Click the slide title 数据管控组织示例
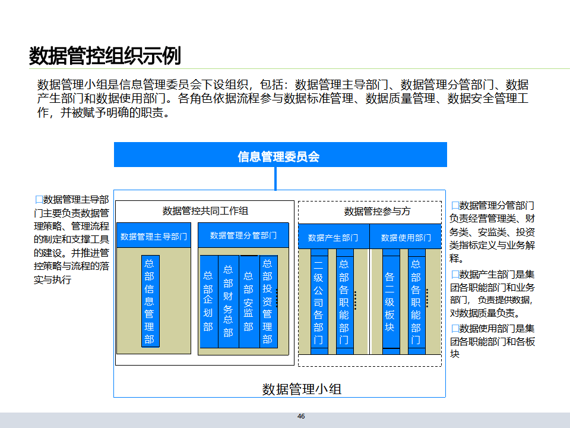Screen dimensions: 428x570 click(105, 56)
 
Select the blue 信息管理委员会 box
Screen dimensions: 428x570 click(280, 156)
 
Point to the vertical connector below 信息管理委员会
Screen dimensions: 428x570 click(275, 178)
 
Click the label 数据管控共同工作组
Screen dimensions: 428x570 click(205, 210)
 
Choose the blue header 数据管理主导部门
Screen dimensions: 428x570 click(154, 237)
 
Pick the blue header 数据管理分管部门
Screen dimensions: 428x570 click(243, 235)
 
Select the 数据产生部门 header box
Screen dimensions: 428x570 click(333, 237)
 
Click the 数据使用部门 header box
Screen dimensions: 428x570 click(406, 237)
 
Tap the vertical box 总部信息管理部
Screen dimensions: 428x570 click(150, 301)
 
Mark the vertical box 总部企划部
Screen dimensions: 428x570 click(208, 301)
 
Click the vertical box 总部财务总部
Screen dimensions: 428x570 click(228, 301)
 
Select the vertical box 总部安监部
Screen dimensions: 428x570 click(248, 301)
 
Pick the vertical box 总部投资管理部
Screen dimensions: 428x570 click(268, 301)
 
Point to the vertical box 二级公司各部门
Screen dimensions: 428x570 click(319, 301)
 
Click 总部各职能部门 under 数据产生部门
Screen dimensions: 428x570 click(344, 301)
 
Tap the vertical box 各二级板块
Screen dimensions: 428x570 click(390, 301)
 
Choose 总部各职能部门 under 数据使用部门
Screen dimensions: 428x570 click(416, 301)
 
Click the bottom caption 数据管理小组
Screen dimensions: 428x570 click(302, 389)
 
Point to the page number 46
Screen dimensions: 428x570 click(301, 416)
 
